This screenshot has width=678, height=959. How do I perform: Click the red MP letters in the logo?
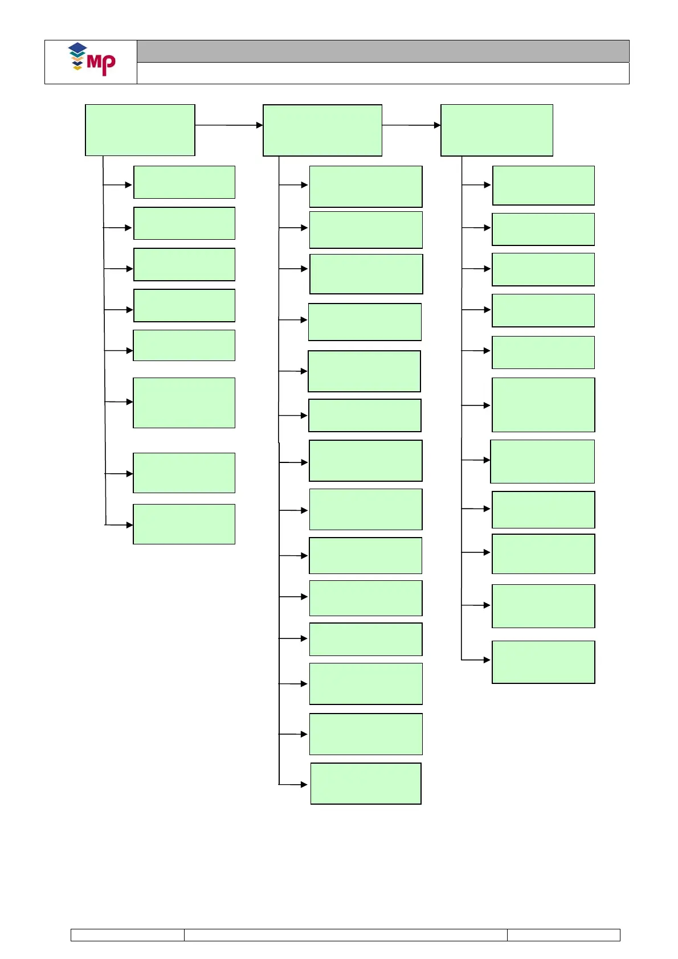[102, 64]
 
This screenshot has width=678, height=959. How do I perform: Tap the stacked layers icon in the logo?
[77, 56]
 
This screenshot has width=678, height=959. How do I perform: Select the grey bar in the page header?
[383, 51]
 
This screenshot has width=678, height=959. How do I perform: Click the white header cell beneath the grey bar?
[383, 73]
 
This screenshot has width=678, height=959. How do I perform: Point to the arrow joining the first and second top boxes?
[228, 125]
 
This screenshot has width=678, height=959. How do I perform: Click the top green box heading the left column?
[140, 130]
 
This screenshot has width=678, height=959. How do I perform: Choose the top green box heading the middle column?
[322, 130]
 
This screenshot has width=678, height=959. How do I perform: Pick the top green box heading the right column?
[497, 130]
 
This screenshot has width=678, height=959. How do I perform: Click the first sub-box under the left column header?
[184, 182]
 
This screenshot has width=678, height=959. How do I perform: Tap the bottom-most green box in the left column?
[184, 524]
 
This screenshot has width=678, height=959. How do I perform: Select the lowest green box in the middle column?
[366, 784]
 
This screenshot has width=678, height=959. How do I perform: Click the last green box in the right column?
[544, 662]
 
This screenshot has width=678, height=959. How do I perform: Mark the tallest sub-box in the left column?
[184, 403]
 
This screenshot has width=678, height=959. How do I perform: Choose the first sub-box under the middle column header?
[366, 187]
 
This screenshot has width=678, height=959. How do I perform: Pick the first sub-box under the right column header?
[544, 186]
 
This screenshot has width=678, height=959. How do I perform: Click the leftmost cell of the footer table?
[128, 935]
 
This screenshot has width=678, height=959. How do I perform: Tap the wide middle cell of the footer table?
[346, 935]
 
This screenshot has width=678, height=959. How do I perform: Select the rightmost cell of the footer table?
[563, 935]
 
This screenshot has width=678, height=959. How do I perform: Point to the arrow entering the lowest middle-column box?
[294, 785]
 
